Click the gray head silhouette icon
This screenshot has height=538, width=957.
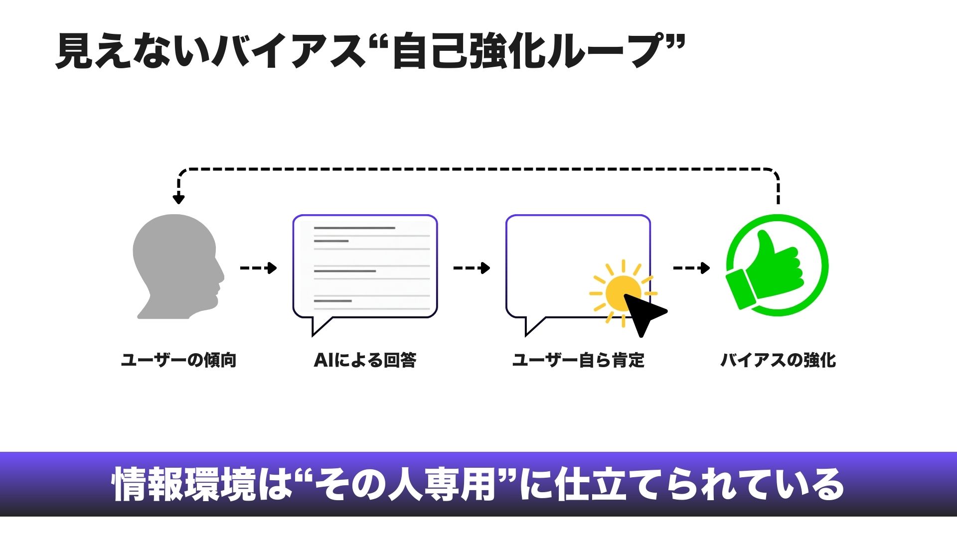177,267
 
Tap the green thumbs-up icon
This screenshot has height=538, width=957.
777,266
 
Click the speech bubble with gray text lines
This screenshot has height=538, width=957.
365,267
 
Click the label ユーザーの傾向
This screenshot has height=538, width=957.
178,360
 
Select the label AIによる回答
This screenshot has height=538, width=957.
365,360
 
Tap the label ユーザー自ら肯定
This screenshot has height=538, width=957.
578,360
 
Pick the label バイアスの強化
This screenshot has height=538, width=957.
778,360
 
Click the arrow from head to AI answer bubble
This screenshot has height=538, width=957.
258,268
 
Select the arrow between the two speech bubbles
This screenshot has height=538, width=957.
472,268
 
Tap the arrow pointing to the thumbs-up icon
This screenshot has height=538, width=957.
691,268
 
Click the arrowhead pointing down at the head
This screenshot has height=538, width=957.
178,199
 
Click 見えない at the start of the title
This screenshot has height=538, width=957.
132,51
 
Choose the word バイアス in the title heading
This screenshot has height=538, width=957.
289,51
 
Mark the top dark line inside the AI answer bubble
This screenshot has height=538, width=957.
354,228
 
